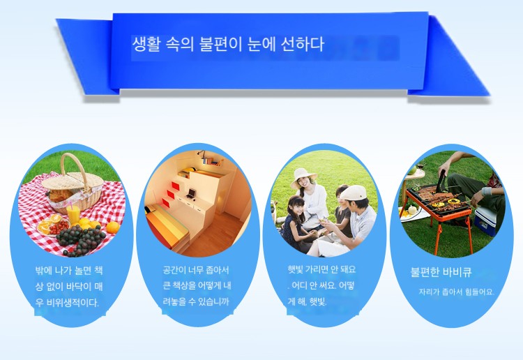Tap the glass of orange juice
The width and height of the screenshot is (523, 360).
(73, 214)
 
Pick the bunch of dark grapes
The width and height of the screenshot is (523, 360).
(80, 239)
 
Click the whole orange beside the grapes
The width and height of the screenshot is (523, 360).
(113, 227)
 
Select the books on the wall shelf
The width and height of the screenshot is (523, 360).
(211, 161)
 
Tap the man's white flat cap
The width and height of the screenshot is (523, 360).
(354, 193)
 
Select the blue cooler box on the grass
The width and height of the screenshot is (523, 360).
(485, 220)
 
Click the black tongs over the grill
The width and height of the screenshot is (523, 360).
(440, 183)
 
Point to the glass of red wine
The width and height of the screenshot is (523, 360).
(420, 169)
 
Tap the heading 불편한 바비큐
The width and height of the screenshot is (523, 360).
(441, 272)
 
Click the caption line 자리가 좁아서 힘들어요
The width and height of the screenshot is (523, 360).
(456, 292)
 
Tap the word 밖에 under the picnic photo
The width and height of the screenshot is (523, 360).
(43, 270)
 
